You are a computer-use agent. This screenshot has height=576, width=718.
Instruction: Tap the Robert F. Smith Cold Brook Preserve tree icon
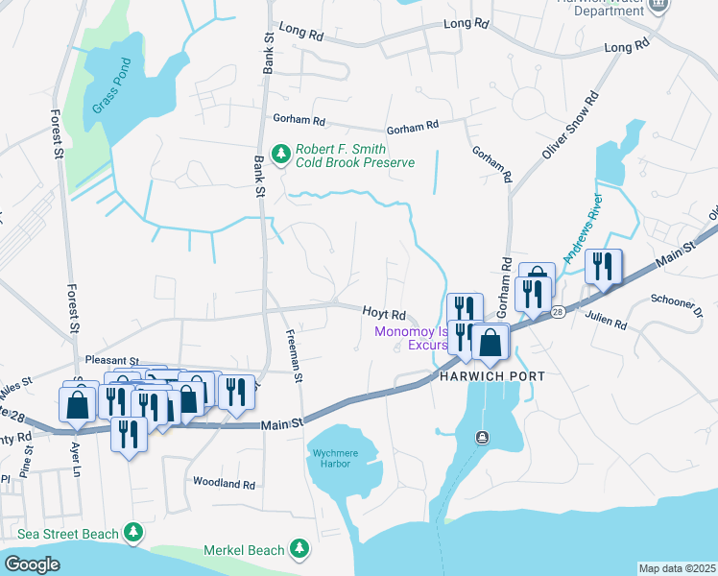pyautogui.click(x=281, y=155)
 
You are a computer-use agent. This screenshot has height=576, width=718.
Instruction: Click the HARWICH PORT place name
pyautogui.click(x=492, y=375)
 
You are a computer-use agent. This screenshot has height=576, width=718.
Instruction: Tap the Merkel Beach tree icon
pyautogui.click(x=300, y=549)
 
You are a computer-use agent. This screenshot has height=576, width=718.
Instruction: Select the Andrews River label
pyautogui.click(x=585, y=230)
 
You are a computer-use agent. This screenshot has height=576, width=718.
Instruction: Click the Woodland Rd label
pyautogui.click(x=225, y=484)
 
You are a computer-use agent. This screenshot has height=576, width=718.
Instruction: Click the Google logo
pyautogui.click(x=32, y=564)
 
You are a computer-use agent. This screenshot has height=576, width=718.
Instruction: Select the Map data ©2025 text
pyautogui.click(x=677, y=568)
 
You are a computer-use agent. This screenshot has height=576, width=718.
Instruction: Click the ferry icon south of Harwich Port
pyautogui.click(x=483, y=438)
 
